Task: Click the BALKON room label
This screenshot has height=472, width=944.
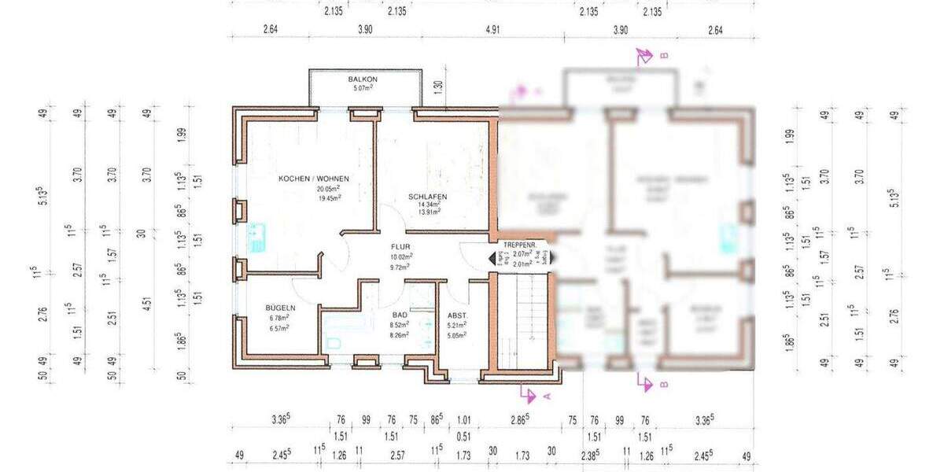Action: tap(363, 79)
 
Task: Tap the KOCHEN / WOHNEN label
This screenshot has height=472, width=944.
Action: tap(314, 179)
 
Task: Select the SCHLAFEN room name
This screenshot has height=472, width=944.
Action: tap(428, 197)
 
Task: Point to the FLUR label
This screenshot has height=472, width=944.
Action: tap(401, 246)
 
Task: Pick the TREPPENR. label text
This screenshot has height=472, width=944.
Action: tap(519, 245)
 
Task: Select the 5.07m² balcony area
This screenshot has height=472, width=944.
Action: tap(363, 88)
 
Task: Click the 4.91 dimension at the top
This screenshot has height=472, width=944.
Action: tap(492, 30)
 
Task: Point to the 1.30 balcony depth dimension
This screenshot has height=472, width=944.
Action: tap(438, 85)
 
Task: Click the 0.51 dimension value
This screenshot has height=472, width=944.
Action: tap(463, 437)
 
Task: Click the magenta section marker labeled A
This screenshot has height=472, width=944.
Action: tap(537, 394)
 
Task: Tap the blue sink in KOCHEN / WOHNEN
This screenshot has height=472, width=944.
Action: tap(256, 235)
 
